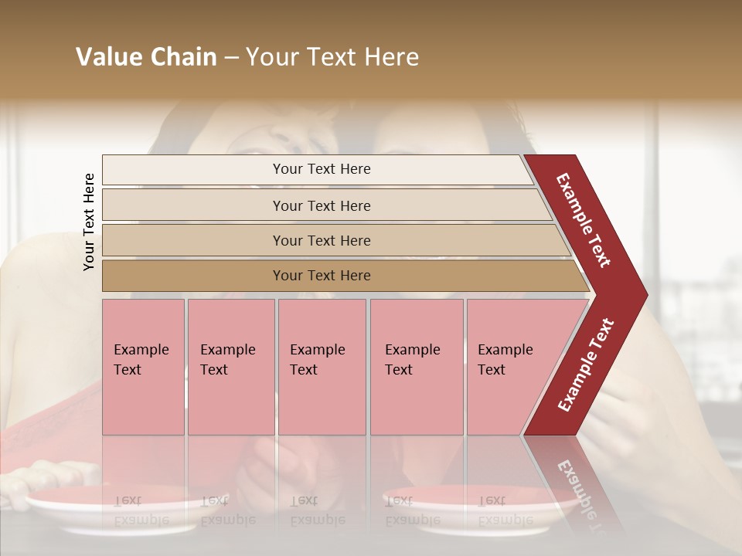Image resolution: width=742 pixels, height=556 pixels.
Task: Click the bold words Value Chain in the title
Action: click(x=146, y=57)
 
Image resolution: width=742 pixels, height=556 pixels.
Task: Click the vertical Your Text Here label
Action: click(x=89, y=222)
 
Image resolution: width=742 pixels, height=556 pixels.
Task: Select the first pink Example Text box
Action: click(x=143, y=367)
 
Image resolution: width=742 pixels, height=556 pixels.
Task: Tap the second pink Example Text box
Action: click(x=230, y=367)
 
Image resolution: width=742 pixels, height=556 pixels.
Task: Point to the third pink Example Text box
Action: click(x=322, y=367)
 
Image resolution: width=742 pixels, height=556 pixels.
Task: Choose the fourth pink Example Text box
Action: click(x=416, y=367)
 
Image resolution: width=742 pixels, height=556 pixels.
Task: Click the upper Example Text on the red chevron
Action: click(x=583, y=220)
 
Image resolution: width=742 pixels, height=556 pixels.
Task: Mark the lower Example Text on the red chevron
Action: click(x=586, y=365)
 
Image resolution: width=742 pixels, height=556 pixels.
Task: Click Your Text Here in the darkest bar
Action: click(x=322, y=276)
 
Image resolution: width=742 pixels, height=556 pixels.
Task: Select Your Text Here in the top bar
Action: click(x=322, y=169)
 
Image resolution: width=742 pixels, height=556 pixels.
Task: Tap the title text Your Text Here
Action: click(x=332, y=57)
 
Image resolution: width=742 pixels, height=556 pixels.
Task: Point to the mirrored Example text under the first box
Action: click(x=141, y=511)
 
